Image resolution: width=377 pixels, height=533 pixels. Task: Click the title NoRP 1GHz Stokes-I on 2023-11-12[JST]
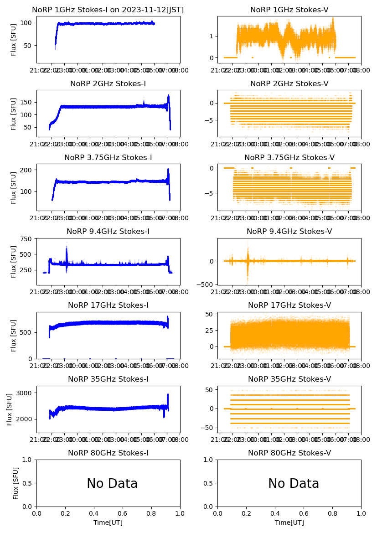point(108,10)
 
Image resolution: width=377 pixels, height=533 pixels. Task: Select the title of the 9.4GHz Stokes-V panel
point(289,232)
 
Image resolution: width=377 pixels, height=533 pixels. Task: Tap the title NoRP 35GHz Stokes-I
point(108,379)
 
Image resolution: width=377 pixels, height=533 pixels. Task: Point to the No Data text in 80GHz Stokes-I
point(112,484)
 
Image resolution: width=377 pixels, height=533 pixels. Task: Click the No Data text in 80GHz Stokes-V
point(294,484)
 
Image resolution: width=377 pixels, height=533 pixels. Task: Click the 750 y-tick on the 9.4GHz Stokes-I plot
point(26,239)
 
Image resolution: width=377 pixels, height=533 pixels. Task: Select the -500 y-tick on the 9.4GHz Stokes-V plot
point(207,285)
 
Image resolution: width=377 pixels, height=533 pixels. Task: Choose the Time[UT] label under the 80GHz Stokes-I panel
point(108,523)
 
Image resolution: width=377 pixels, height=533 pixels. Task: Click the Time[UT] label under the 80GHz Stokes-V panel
point(289,523)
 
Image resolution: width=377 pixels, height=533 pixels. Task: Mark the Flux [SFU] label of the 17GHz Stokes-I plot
point(14,335)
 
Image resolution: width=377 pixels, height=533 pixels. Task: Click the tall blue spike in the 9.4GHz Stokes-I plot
point(67,248)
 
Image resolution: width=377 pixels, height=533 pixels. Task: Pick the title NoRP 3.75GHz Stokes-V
point(289,158)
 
